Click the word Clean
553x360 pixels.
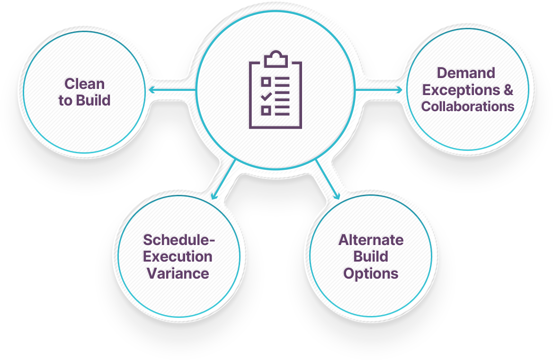point(84,84)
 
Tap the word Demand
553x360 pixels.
point(466,73)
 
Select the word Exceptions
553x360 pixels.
point(461,90)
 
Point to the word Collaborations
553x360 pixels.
point(468,106)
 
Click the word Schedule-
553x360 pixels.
point(179,240)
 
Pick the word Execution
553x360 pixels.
point(178,256)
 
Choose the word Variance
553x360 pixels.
point(178,273)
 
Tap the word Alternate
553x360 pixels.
point(371,240)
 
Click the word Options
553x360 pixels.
point(371,274)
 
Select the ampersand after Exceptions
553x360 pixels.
point(508,90)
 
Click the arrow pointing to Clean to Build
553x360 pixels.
point(172,90)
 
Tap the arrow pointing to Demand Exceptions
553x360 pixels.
point(379,90)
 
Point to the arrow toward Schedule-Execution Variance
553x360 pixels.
point(223,179)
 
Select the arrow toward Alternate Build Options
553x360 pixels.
point(328,179)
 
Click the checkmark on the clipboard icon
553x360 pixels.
point(266,96)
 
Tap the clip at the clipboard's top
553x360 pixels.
point(276,59)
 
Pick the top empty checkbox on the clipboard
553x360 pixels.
point(266,82)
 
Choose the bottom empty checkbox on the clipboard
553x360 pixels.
point(266,111)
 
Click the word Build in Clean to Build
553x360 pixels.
point(93,100)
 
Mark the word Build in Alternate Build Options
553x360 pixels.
point(371,256)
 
